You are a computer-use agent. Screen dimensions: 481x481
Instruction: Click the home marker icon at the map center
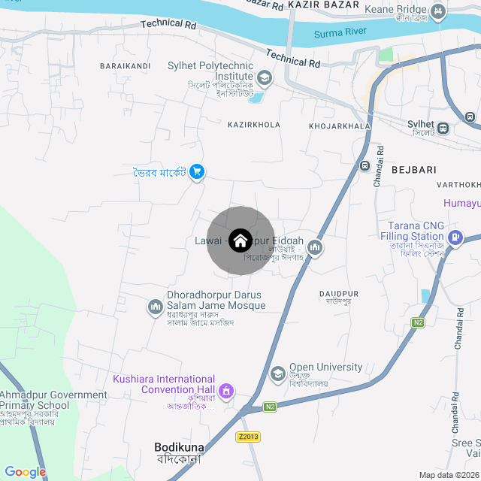click(240, 240)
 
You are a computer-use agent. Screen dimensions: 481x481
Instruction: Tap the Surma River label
click(340, 32)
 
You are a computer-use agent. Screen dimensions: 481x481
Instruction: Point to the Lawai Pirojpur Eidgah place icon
click(315, 247)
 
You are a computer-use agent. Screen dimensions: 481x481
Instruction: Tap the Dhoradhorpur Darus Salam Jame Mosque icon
click(156, 307)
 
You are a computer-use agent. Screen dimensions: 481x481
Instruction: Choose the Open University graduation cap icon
click(278, 374)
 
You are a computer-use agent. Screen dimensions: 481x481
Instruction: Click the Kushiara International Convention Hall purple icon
click(225, 391)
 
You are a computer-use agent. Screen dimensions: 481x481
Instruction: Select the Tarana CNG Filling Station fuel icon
click(455, 238)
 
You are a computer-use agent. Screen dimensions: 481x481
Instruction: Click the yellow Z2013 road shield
click(247, 437)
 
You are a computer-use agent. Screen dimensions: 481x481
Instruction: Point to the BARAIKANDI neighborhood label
click(125, 66)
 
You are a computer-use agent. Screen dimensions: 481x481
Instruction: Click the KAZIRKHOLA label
click(253, 125)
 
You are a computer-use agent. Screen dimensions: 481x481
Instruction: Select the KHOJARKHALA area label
click(339, 125)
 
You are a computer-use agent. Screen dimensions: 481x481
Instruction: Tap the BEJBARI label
click(413, 170)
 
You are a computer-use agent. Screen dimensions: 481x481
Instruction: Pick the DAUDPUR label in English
click(339, 292)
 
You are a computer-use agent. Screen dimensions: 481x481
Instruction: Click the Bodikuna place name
click(178, 446)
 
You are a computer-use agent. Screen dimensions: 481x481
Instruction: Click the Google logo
click(26, 472)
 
